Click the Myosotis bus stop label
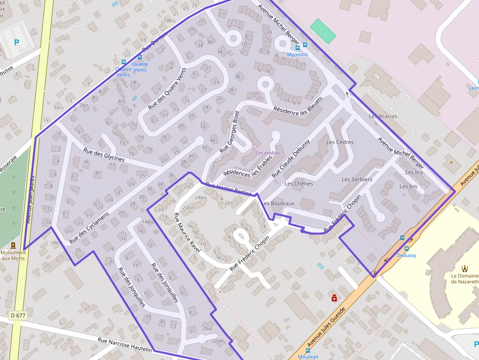pyautogui.click(x=297, y=54)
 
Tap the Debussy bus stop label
pyautogui.click(x=406, y=255)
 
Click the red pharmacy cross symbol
pyautogui.click(x=334, y=297)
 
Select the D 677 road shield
pyautogui.click(x=17, y=316)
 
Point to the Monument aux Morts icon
pyautogui.click(x=13, y=245)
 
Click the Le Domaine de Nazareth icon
pyautogui.click(x=464, y=268)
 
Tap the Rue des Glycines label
pyautogui.click(x=104, y=155)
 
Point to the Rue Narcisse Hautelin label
pyautogui.click(x=125, y=344)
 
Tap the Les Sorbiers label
pyautogui.click(x=357, y=179)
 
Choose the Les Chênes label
pyautogui.click(x=299, y=184)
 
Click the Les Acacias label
pyautogui.click(x=383, y=116)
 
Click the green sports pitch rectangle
pyautogui.click(x=323, y=30)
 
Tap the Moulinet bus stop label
pyautogui.click(x=308, y=357)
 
